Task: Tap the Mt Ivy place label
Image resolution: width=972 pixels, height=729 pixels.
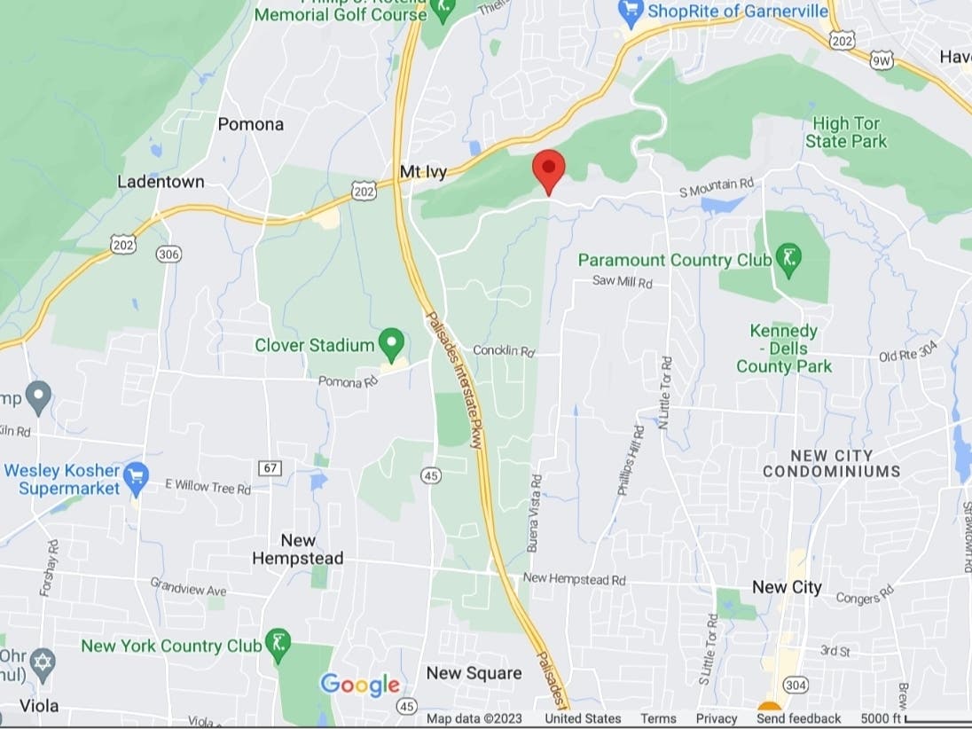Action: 424,171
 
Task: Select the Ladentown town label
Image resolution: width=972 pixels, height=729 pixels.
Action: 161,182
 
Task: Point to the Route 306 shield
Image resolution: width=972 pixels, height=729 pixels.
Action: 169,255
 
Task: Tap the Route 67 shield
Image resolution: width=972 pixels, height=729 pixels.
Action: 270,467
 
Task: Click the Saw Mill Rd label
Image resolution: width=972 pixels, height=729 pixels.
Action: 623,282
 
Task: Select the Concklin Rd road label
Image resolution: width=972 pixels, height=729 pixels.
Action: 504,351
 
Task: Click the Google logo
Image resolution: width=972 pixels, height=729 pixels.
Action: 360,685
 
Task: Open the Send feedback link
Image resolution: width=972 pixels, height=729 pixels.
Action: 798,718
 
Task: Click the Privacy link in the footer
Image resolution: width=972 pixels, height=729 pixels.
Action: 716,718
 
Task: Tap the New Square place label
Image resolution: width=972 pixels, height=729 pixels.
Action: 474,673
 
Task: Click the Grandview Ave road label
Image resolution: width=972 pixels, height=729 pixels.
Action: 188,587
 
